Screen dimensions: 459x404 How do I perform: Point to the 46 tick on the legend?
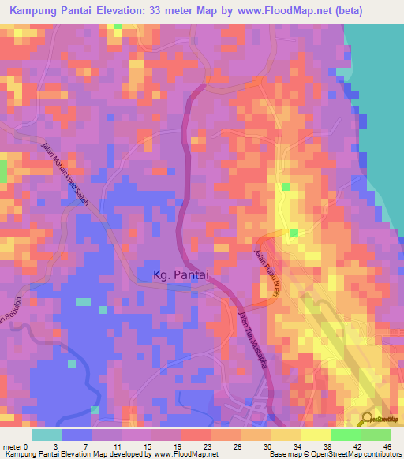(x=387, y=446)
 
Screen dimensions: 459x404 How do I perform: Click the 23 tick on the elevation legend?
(x=207, y=446)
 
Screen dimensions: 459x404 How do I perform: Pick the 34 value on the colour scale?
(x=297, y=446)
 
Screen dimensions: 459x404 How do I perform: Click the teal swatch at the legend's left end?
(x=47, y=434)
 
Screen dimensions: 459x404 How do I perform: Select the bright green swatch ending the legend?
(x=376, y=434)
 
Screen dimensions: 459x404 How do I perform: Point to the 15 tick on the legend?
(x=147, y=446)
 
